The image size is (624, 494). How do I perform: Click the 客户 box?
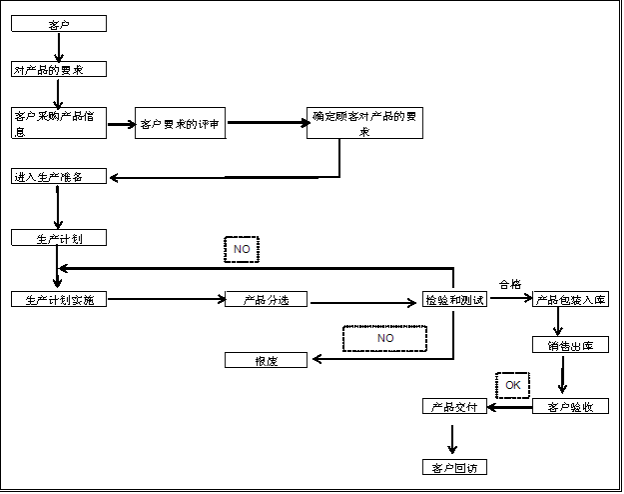point(59,24)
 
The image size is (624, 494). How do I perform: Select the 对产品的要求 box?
point(59,70)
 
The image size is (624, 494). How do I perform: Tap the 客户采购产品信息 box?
point(59,123)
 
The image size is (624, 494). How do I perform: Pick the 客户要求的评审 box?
point(180,124)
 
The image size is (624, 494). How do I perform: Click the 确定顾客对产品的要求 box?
point(364,123)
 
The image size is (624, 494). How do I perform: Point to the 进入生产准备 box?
point(59,177)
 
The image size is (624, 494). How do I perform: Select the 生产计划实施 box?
point(59,300)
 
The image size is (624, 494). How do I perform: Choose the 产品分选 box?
point(266,300)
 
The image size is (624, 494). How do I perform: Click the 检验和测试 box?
point(455,300)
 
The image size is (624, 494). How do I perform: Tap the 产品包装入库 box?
point(570,300)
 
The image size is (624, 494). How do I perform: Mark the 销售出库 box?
point(570,345)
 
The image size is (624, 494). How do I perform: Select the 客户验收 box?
point(570,407)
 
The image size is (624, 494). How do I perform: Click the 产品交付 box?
point(454,407)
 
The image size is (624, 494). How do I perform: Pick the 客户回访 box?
point(454,467)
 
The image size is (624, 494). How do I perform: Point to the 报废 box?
point(266,360)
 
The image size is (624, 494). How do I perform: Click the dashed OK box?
point(512,385)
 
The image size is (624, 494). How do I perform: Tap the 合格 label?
point(509,285)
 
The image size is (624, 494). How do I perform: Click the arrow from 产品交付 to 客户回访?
point(453,438)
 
